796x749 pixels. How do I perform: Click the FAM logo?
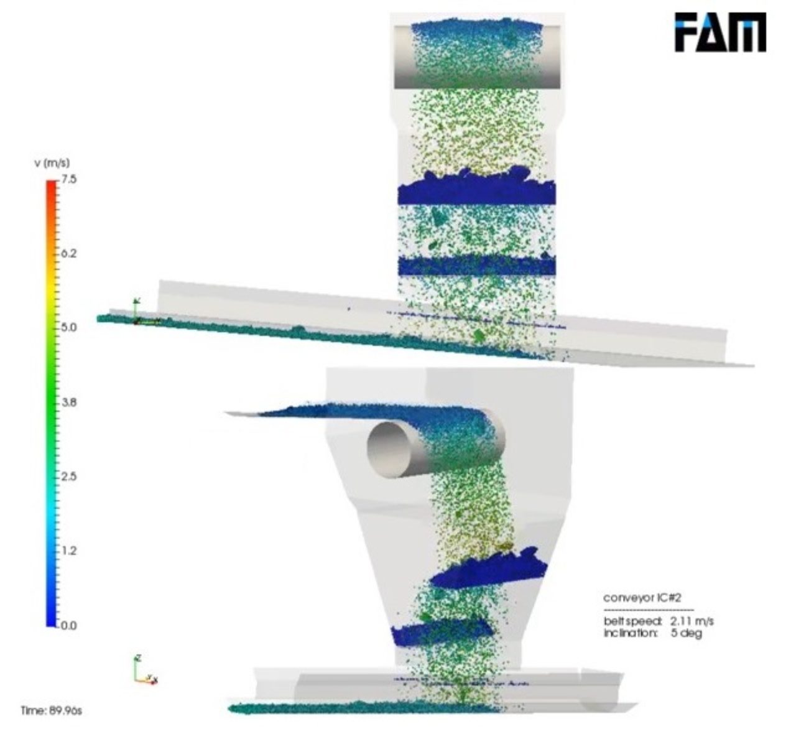point(720,33)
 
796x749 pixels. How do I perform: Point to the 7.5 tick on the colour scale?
point(68,180)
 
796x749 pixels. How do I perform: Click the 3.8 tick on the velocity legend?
point(68,402)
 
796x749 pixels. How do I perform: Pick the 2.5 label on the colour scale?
point(68,477)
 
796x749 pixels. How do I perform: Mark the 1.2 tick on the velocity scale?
point(68,551)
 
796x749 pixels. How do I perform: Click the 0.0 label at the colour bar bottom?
point(68,625)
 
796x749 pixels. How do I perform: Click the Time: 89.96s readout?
point(51,710)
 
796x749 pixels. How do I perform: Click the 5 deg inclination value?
point(686,633)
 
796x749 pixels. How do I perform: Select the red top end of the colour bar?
point(51,184)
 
